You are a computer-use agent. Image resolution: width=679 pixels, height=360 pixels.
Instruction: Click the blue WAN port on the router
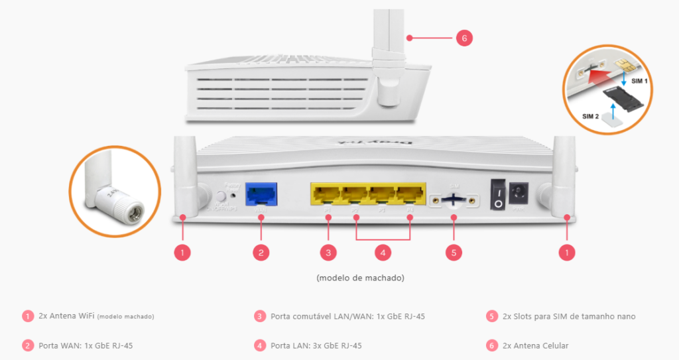pos(261,194)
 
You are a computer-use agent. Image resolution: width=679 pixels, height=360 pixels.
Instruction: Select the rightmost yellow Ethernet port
pos(410,194)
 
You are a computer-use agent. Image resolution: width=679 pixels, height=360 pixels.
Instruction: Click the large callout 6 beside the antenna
pos(464,38)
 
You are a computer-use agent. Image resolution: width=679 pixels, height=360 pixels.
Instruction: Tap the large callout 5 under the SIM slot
pos(454,252)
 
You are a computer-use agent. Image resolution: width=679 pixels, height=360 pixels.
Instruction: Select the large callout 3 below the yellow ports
pos(328,252)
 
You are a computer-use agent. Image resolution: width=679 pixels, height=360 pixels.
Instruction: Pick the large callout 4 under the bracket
pos(383,252)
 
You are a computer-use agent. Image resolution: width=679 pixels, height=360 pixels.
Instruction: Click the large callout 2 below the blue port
pos(261,252)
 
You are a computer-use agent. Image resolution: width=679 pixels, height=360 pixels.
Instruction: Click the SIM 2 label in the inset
pos(590,116)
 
